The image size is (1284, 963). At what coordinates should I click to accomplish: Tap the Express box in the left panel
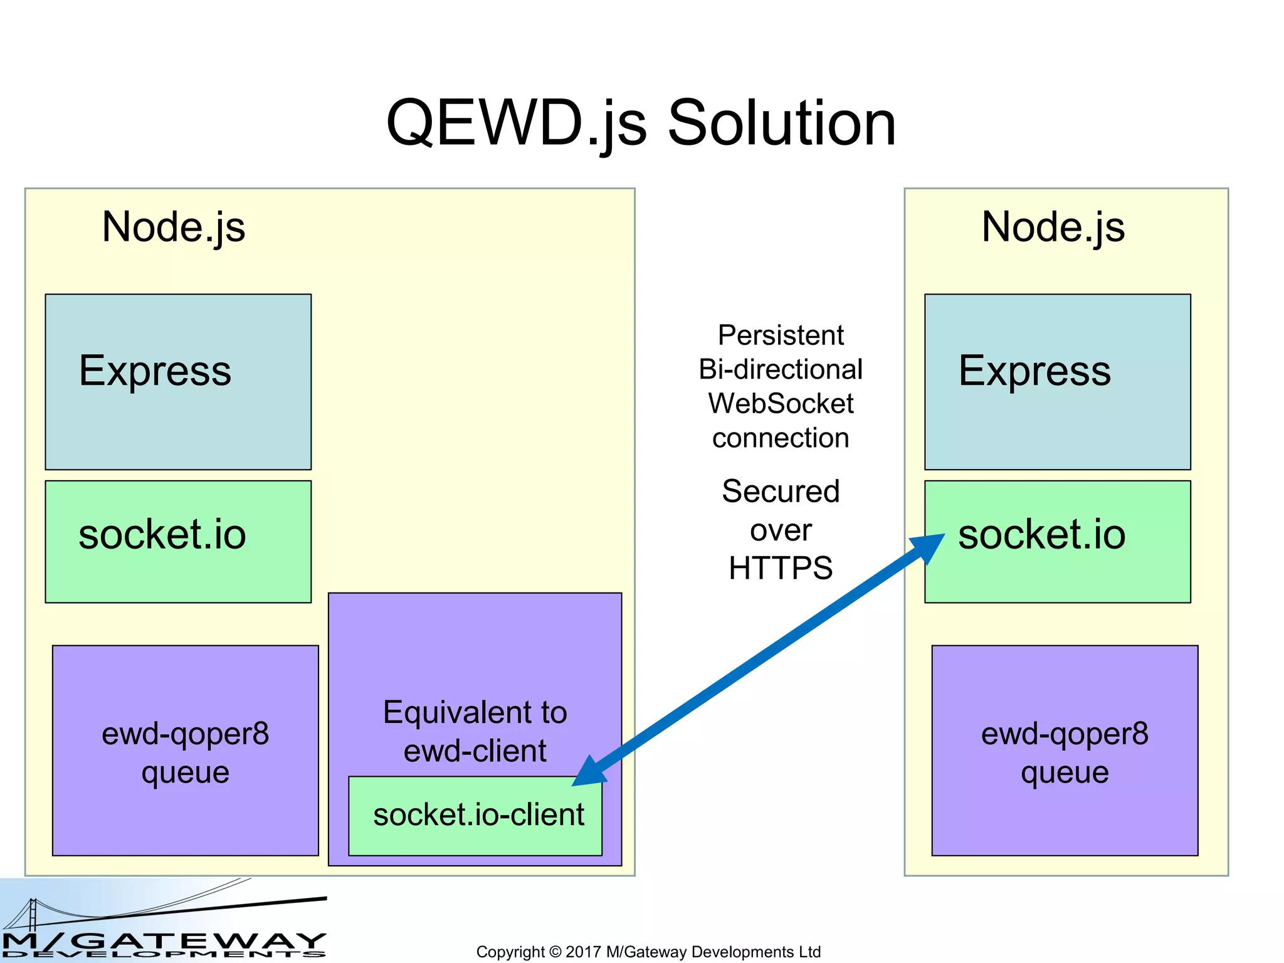(178, 382)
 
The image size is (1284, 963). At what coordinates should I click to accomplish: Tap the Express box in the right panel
(1057, 382)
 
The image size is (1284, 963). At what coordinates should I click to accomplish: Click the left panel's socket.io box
(178, 541)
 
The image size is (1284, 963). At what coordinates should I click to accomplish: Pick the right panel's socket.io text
(1041, 535)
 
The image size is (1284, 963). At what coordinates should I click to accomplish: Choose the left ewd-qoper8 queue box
(185, 750)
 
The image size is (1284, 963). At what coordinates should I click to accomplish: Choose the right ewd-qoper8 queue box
(1065, 750)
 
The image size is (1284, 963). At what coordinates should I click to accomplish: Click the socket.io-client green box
(475, 816)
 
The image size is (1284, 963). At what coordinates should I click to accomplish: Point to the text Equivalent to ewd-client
(475, 731)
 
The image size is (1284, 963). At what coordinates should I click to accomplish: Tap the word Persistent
(781, 335)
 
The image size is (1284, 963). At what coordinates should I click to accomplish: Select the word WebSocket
(781, 403)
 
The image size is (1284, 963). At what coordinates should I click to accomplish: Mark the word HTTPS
(781, 568)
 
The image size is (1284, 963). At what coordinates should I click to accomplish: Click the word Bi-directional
(781, 369)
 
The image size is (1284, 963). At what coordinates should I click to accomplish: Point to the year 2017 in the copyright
(582, 952)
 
